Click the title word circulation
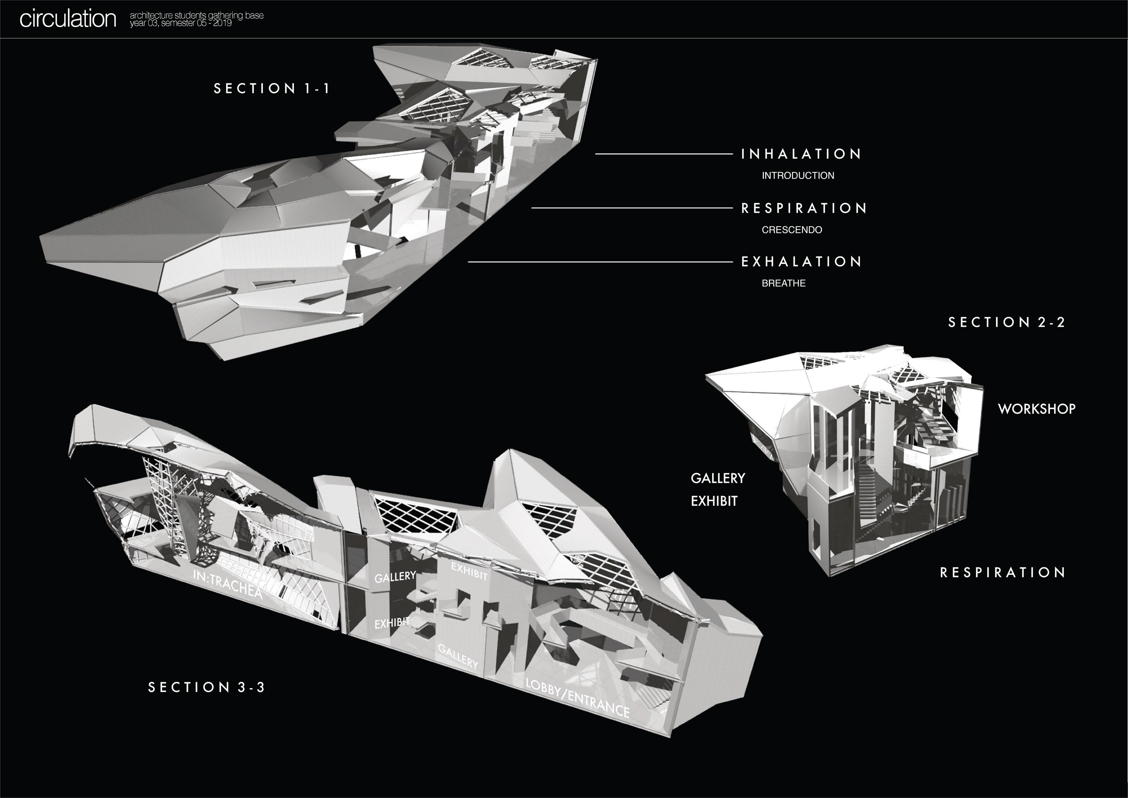click(x=68, y=19)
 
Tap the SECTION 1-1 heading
click(x=272, y=89)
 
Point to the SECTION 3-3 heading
click(x=206, y=687)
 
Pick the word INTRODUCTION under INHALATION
click(x=798, y=175)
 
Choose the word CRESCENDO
click(x=791, y=230)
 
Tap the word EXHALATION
click(x=801, y=262)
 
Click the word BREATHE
click(x=784, y=283)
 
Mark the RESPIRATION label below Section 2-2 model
click(x=1002, y=573)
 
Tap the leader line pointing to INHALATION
click(x=663, y=154)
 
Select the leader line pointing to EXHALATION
click(x=599, y=262)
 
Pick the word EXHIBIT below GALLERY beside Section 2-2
click(x=714, y=501)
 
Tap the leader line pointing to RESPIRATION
click(x=631, y=208)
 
